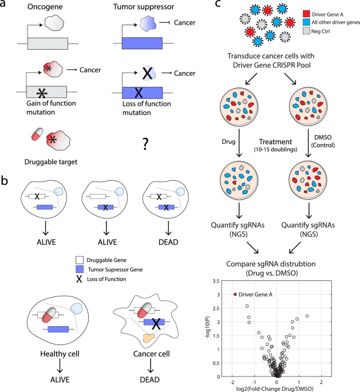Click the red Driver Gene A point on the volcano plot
235,294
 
